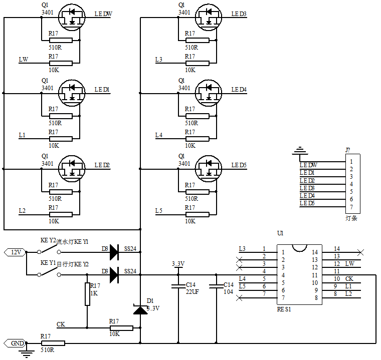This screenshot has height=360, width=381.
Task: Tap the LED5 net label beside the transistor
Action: click(x=239, y=165)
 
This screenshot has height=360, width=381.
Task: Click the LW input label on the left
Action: click(x=23, y=60)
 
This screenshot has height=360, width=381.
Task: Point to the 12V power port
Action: click(x=16, y=252)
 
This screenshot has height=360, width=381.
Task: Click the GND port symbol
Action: click(x=16, y=343)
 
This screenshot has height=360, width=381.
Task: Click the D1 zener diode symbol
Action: click(x=140, y=310)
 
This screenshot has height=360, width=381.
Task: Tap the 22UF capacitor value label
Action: click(x=193, y=291)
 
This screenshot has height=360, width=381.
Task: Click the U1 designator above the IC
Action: click(x=280, y=233)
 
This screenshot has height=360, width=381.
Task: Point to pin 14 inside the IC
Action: click(x=315, y=252)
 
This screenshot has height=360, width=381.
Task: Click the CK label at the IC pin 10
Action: click(x=349, y=279)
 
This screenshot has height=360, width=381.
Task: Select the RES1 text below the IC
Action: click(x=284, y=309)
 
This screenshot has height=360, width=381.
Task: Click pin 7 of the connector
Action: click(x=352, y=207)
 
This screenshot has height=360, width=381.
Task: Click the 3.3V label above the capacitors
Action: click(x=178, y=264)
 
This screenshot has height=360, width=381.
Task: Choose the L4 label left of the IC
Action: click(x=242, y=279)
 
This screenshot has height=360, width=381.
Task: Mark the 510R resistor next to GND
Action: click(x=53, y=343)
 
